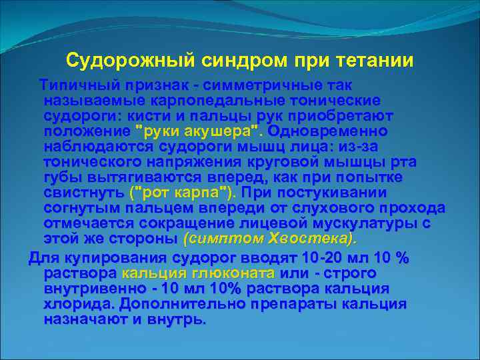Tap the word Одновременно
[x=335, y=129]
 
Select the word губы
[x=61, y=177]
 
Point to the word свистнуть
[x=83, y=192]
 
